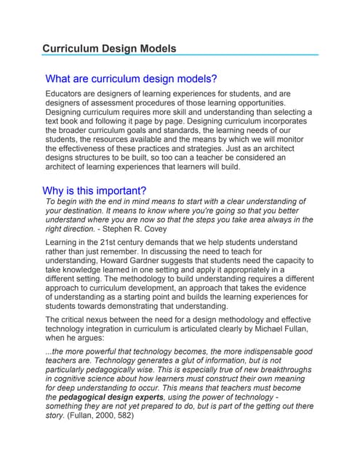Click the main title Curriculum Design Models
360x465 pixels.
(109, 49)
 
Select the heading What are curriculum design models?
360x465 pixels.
(131, 78)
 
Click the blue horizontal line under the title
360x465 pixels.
(180, 54)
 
